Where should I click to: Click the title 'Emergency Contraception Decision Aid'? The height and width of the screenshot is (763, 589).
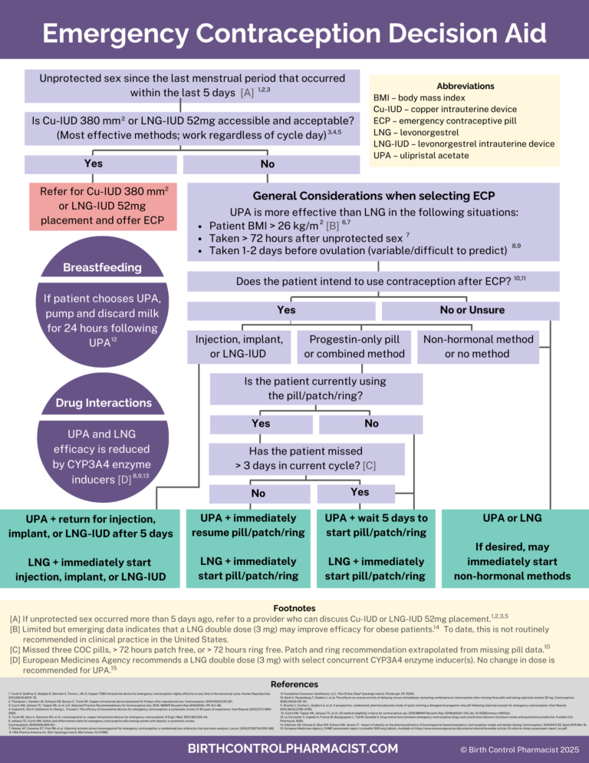(x=294, y=33)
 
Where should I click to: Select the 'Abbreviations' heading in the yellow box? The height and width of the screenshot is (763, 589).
(x=465, y=86)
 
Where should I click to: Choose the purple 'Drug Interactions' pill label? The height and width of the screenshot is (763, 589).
(x=103, y=403)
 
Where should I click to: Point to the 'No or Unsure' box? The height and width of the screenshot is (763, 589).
(x=472, y=310)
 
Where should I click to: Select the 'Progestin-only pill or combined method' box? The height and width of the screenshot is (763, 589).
(x=354, y=346)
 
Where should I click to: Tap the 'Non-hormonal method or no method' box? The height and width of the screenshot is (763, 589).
(x=478, y=346)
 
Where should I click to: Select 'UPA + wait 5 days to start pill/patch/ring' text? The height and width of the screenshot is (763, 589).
(x=376, y=525)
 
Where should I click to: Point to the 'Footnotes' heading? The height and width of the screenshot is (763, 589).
(x=294, y=606)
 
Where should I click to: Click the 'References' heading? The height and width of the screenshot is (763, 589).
(x=294, y=683)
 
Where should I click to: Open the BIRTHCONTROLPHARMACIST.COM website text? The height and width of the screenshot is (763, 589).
(x=294, y=747)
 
